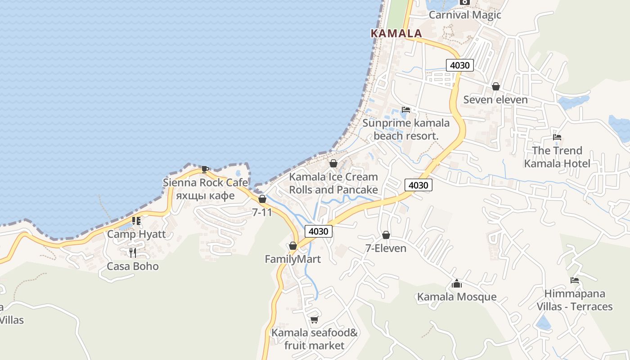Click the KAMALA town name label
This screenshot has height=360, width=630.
click(x=396, y=33)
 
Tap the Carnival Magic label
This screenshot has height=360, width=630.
click(x=465, y=15)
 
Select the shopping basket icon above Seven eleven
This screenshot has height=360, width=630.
click(x=495, y=86)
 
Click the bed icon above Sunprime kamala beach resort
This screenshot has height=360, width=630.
click(x=406, y=109)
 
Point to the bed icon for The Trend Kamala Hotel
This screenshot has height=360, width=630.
click(x=557, y=137)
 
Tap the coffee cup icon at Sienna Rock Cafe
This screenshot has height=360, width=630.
click(x=205, y=169)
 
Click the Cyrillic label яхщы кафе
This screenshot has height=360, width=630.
click(x=205, y=195)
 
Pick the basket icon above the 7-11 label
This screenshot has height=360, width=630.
click(x=262, y=199)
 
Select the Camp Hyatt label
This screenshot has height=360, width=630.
click(x=136, y=234)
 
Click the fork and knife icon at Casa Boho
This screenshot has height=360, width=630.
click(x=132, y=252)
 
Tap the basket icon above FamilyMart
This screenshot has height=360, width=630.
click(x=293, y=246)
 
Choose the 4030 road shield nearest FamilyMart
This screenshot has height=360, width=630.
click(x=319, y=231)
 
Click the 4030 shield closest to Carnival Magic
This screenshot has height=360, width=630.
click(x=459, y=65)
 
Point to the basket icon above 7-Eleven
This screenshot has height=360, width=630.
click(x=386, y=235)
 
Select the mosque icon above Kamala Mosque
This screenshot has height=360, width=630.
click(x=457, y=283)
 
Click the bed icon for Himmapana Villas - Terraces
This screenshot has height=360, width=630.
click(x=575, y=280)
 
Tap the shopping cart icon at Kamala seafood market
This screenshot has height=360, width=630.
click(x=314, y=319)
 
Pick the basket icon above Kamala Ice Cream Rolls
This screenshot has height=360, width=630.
click(x=333, y=163)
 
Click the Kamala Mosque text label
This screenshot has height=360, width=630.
click(x=457, y=297)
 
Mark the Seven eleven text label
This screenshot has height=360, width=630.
click(x=495, y=99)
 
